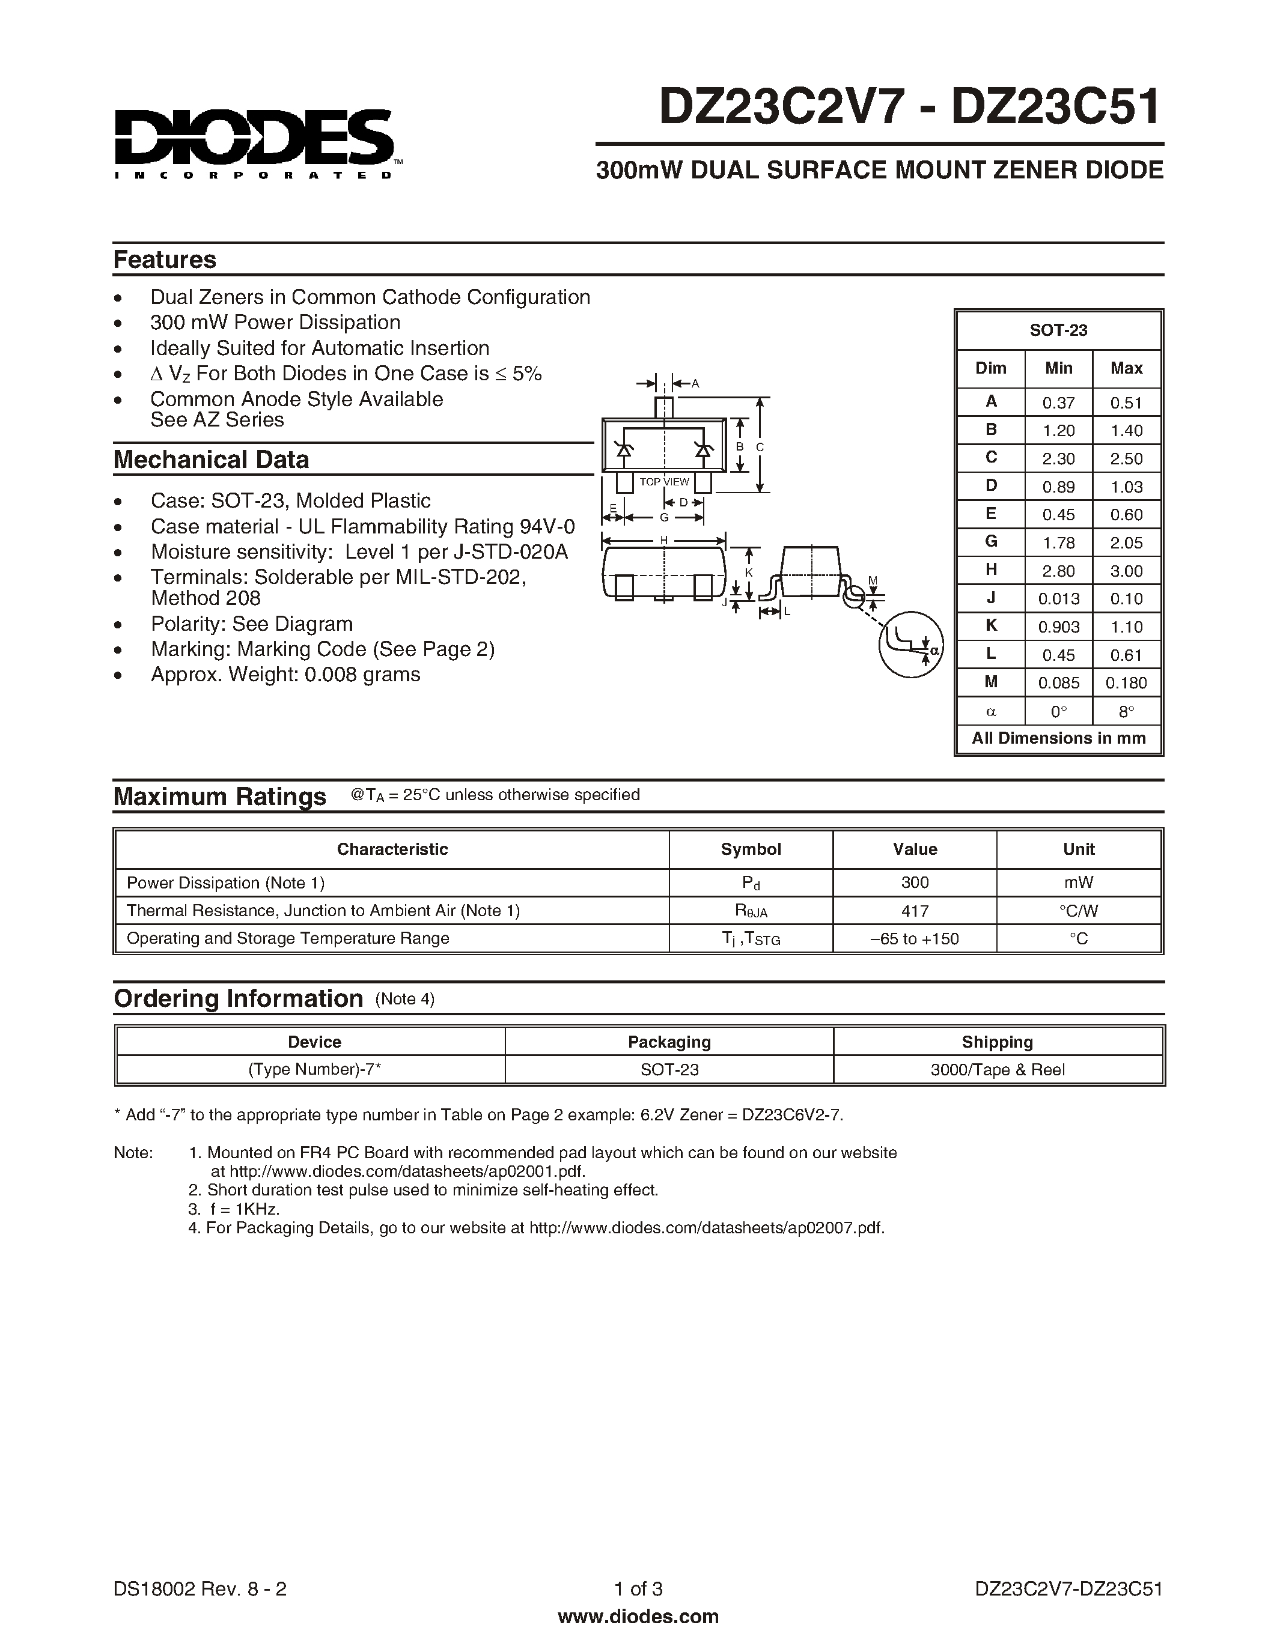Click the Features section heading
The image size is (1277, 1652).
[x=165, y=260]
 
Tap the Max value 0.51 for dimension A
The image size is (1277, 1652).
[x=1126, y=403]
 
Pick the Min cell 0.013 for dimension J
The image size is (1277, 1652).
[x=1058, y=599]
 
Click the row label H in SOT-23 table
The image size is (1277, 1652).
[x=991, y=570]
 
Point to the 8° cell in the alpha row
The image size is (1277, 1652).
[x=1126, y=711]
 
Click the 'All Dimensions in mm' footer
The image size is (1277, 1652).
[x=1058, y=738]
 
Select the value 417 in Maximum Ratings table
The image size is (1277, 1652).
[x=915, y=911]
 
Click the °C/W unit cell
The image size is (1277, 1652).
[x=1078, y=911]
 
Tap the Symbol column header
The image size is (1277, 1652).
[x=751, y=849]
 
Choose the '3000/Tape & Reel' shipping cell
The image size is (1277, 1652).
[x=997, y=1069]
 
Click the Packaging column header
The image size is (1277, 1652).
[x=669, y=1042]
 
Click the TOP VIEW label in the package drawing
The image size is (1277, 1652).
[x=664, y=482]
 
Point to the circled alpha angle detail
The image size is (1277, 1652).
[x=911, y=645]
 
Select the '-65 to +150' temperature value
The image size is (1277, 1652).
[x=915, y=939]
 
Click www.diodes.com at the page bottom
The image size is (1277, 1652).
[x=638, y=1617]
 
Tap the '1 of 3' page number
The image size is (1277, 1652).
[x=638, y=1588]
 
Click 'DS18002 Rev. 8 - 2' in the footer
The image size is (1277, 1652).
[x=200, y=1588]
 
